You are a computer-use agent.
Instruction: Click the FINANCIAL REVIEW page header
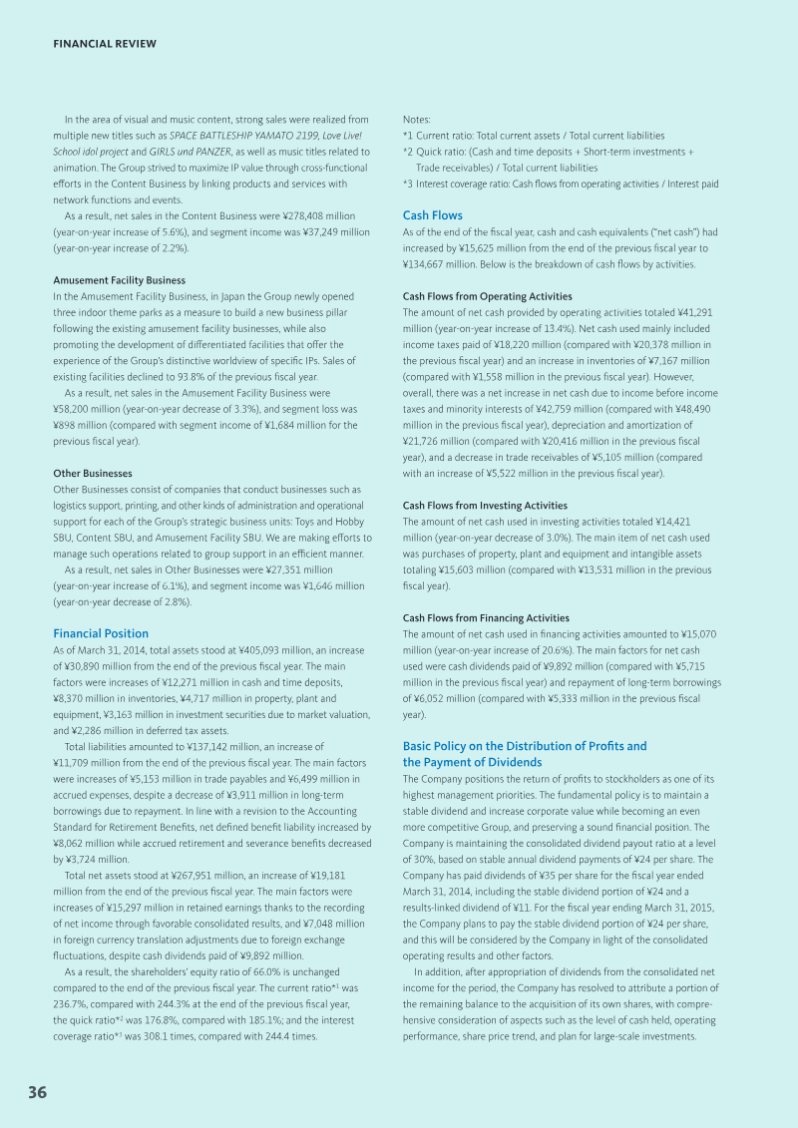105,44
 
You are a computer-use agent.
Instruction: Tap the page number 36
38,1092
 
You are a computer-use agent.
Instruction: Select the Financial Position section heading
101,633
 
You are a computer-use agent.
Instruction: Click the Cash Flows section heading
433,215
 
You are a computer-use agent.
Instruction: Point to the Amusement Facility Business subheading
119,280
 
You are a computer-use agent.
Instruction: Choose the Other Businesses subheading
92,473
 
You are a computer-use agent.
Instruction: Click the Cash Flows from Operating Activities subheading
488,296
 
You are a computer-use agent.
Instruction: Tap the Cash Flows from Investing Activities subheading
485,506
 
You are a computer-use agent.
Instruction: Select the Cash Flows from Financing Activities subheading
486,618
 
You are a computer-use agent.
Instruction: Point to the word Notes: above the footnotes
417,120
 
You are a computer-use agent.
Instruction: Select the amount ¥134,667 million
443,264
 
